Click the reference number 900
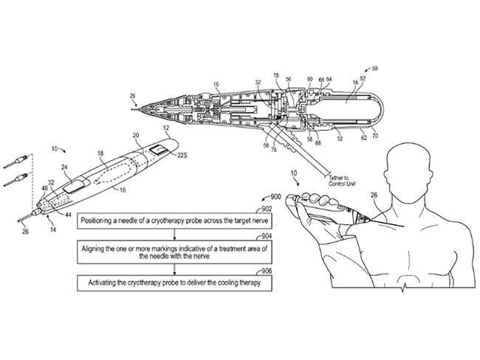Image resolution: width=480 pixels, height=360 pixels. (274, 198)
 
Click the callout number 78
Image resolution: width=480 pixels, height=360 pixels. (276, 76)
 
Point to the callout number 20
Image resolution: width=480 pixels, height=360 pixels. (136, 136)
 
